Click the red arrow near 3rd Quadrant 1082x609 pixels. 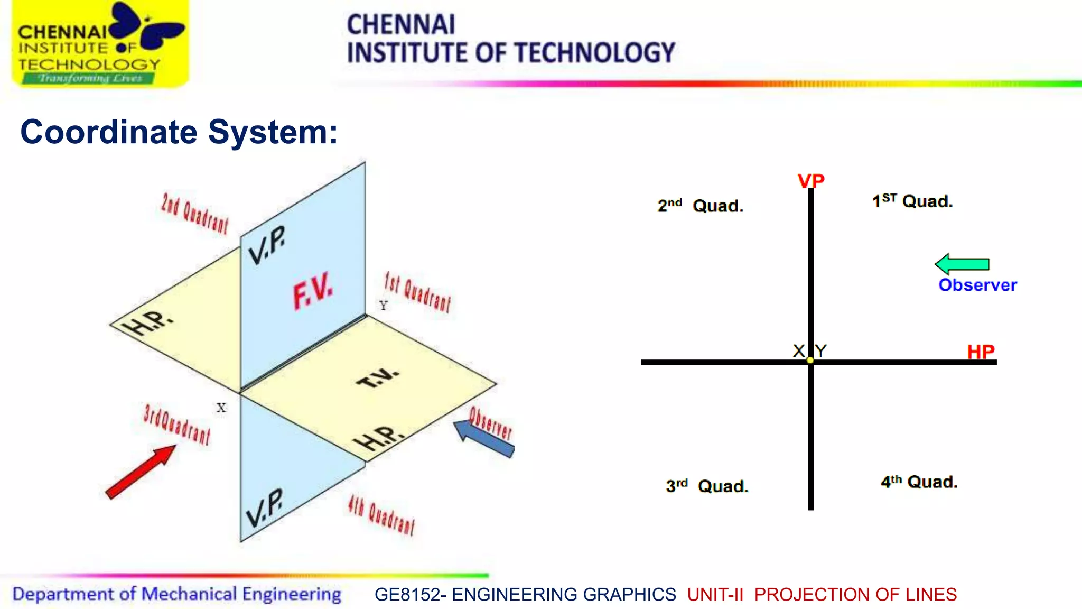pos(140,472)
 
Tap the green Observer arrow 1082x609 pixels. pos(962,264)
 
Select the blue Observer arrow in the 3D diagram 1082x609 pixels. pos(483,438)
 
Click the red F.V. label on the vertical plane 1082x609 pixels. pos(313,290)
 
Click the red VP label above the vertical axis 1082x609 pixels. pos(811,181)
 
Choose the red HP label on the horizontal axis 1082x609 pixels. pos(981,352)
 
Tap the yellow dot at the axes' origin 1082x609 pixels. pos(810,360)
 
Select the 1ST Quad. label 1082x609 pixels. pos(912,201)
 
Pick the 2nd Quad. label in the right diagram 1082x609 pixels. pos(700,205)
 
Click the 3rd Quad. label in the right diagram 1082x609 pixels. pos(707,485)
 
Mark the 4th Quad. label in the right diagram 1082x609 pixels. pos(919,482)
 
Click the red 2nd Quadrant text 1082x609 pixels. pos(194,214)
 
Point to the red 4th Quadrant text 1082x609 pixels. pos(381,515)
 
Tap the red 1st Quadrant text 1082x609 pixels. pos(417,292)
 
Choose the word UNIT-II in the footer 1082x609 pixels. pos(715,594)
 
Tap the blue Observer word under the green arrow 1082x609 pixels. pos(977,285)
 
